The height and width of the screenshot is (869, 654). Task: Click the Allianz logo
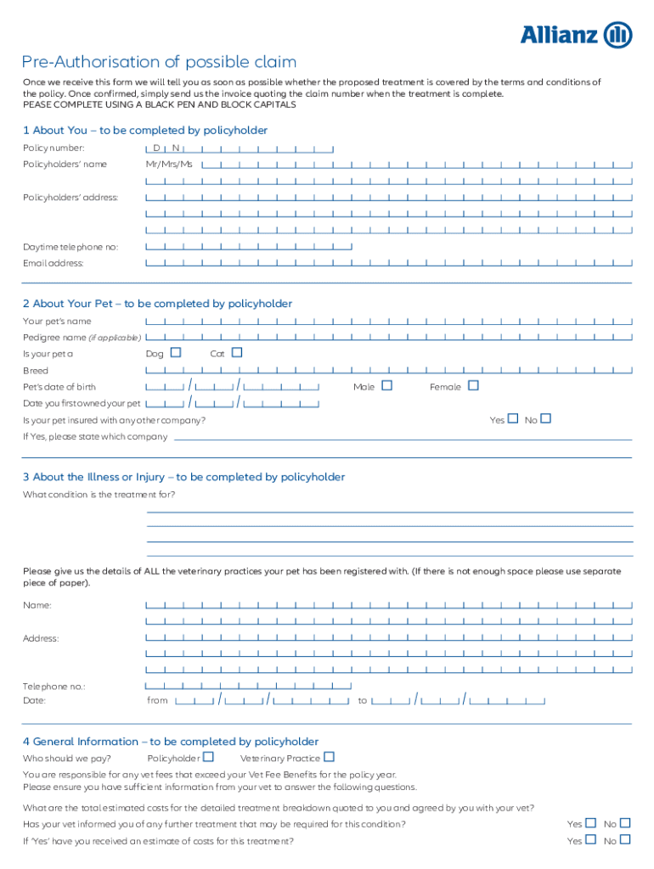pyautogui.click(x=576, y=35)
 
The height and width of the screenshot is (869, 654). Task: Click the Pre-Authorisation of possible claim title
pyautogui.click(x=160, y=62)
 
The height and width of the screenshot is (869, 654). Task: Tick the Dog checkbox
pyautogui.click(x=176, y=352)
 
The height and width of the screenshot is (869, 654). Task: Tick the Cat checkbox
pyautogui.click(x=237, y=352)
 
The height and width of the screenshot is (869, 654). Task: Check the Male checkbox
pyautogui.click(x=387, y=385)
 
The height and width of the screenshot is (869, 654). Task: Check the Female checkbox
pyautogui.click(x=473, y=385)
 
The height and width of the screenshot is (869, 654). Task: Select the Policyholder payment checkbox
pyautogui.click(x=208, y=756)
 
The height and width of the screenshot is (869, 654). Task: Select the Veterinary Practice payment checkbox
pyautogui.click(x=330, y=756)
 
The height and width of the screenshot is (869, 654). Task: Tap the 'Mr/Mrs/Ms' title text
pyautogui.click(x=169, y=164)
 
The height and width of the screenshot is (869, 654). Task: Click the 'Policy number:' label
pyautogui.click(x=54, y=148)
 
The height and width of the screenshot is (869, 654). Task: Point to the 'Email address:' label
pyautogui.click(x=54, y=263)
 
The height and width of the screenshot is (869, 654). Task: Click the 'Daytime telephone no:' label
pyautogui.click(x=70, y=247)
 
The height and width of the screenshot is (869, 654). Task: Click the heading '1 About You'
pyautogui.click(x=145, y=130)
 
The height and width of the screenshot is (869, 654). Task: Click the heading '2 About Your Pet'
pyautogui.click(x=157, y=303)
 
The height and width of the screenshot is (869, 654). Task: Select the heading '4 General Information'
pyautogui.click(x=171, y=741)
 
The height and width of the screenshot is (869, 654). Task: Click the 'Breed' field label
pyautogui.click(x=36, y=371)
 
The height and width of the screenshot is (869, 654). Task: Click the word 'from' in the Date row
pyautogui.click(x=158, y=701)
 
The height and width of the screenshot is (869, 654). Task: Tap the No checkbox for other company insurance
pyautogui.click(x=545, y=418)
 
